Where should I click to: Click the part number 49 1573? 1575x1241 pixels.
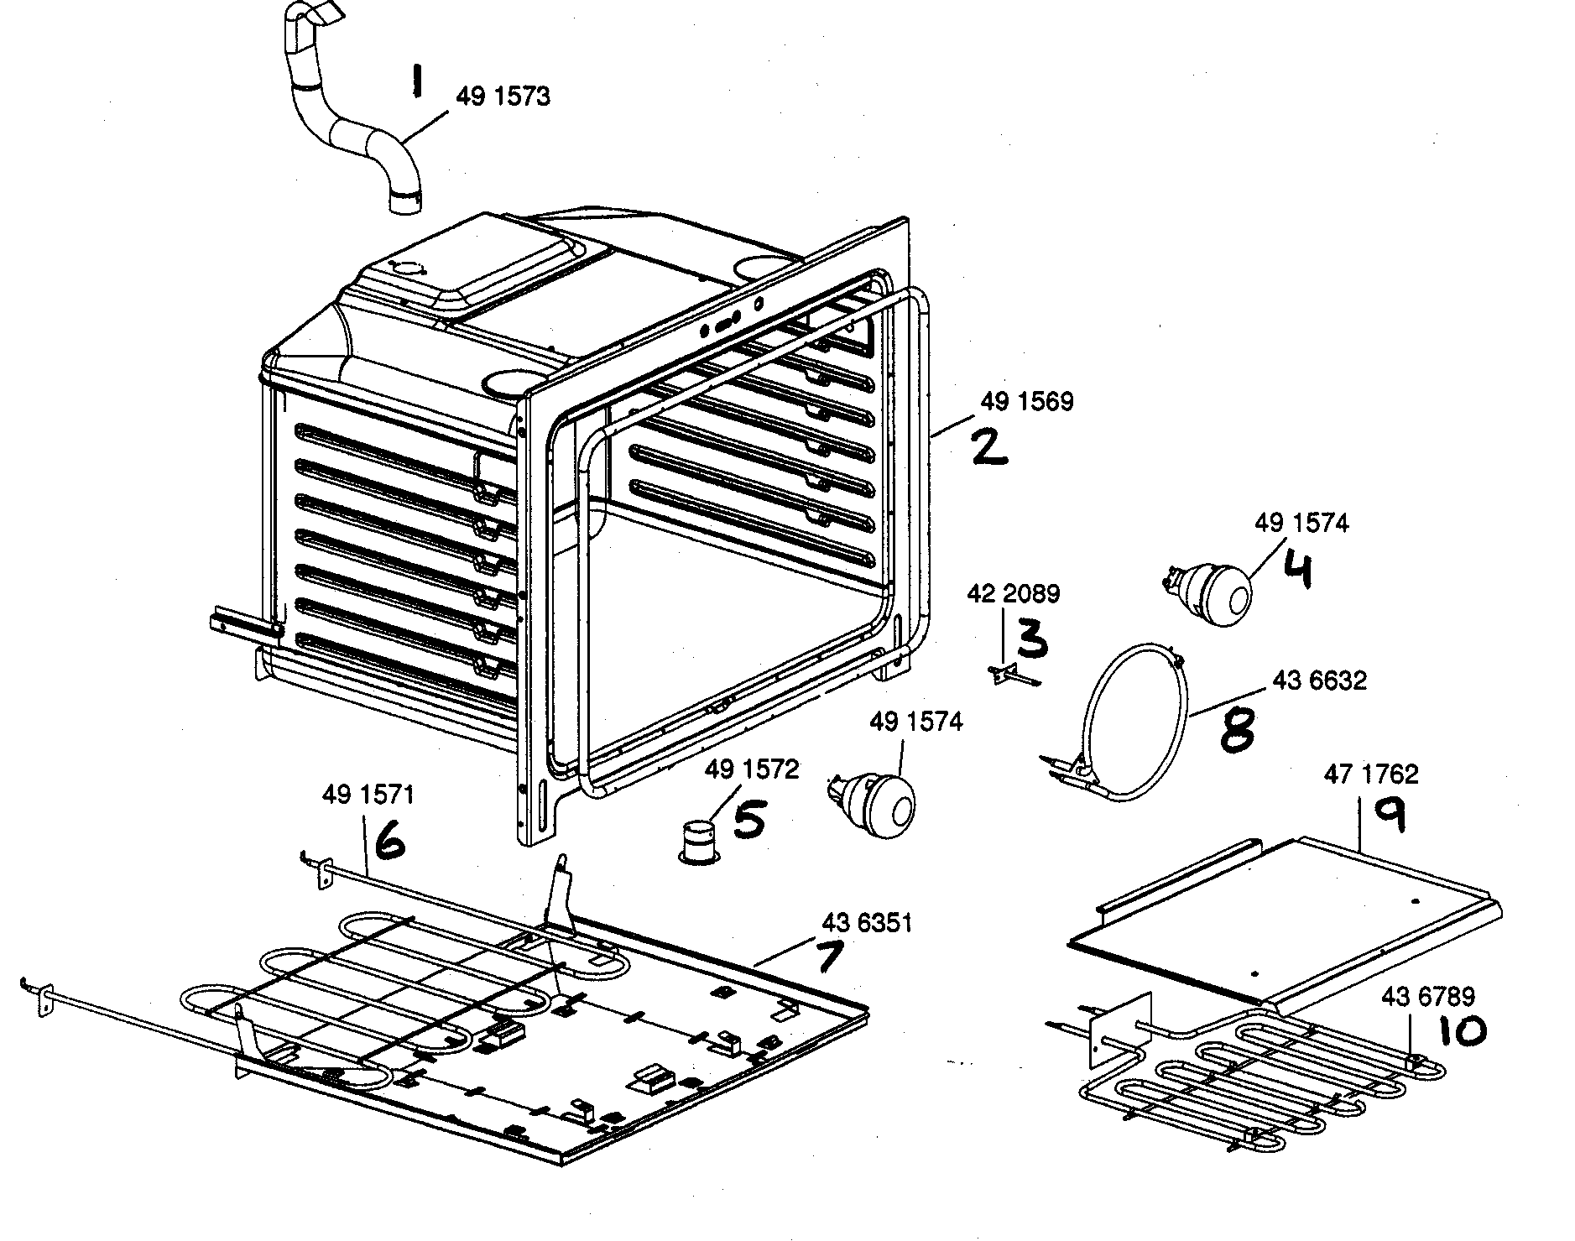point(503,96)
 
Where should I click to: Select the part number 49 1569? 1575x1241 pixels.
point(1026,402)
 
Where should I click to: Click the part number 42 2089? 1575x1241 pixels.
point(1013,594)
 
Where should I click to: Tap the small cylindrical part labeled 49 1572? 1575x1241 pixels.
point(696,841)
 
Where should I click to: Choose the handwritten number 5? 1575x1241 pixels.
point(748,820)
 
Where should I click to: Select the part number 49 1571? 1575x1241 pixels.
point(368,795)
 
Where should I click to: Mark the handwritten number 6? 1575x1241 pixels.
point(390,840)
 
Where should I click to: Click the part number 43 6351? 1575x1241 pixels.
point(866,923)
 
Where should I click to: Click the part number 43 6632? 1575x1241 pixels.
point(1320,680)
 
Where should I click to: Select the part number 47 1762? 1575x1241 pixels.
point(1371,774)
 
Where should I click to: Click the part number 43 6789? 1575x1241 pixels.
point(1427,996)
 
